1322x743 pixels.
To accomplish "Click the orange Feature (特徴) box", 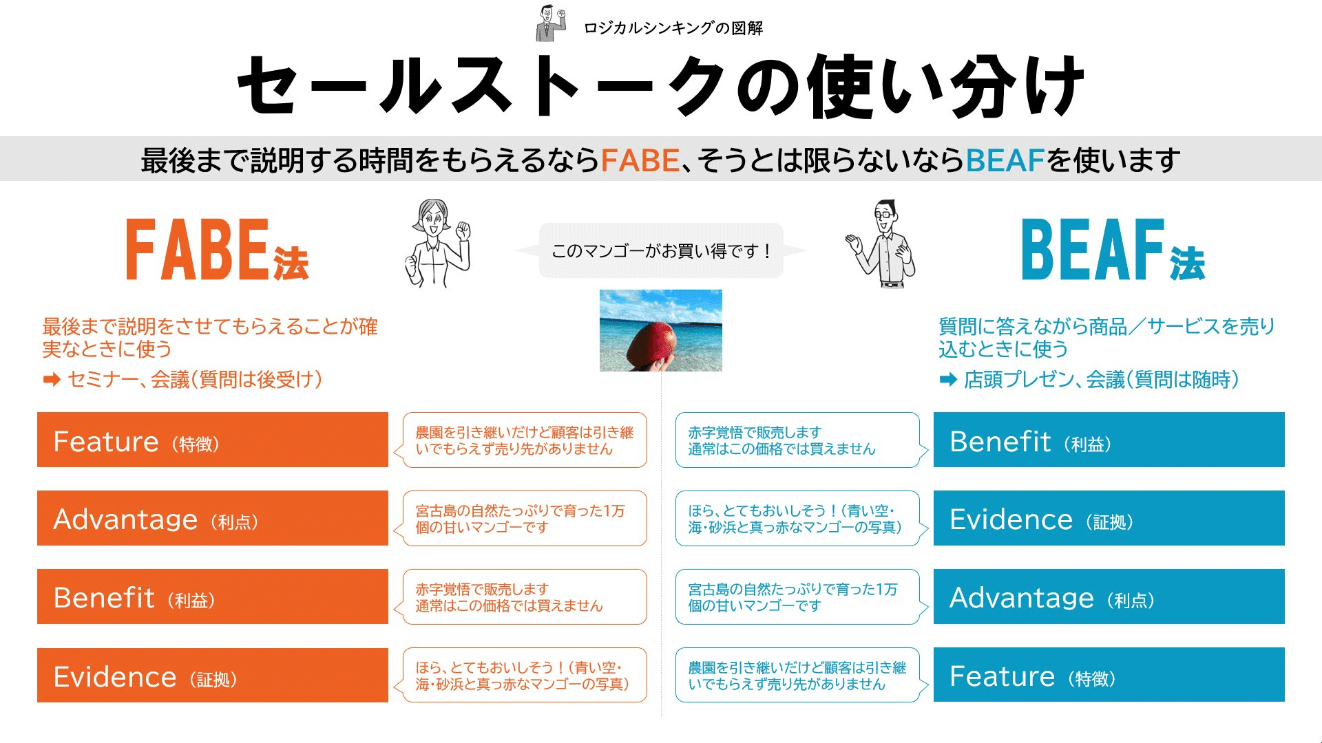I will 212,440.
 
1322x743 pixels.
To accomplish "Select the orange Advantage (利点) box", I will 212,518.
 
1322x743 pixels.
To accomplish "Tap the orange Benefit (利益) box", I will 212,596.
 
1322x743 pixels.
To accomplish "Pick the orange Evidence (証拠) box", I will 212,675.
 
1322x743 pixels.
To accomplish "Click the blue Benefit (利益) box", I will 1109,440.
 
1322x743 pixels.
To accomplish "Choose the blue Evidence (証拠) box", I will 1109,518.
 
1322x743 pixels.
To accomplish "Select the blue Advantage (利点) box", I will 1109,596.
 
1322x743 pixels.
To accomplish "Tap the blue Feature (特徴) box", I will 1109,675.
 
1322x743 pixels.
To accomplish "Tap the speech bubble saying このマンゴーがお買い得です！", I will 661,250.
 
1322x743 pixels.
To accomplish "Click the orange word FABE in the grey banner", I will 640,160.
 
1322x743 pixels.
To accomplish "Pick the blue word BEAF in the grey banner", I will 1005,160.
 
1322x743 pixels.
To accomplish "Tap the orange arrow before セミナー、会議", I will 52,380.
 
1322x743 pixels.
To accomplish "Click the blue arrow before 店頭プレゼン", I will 948,380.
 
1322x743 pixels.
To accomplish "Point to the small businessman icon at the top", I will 549,23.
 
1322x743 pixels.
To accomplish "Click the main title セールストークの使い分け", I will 661,86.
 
